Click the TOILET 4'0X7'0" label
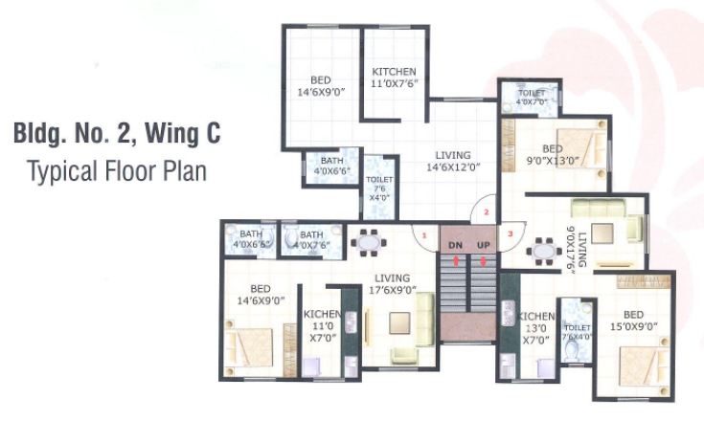point(532,97)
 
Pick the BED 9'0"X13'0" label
point(553,155)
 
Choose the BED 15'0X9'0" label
point(633,321)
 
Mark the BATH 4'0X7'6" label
point(312,239)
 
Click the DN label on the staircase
point(456,246)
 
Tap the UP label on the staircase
point(484,246)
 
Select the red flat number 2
point(486,211)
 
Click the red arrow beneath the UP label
point(484,259)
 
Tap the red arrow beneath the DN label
point(456,259)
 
